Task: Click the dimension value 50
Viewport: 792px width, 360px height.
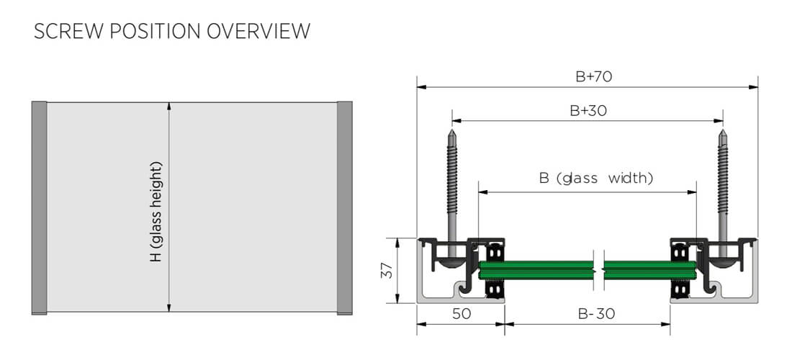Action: [x=461, y=314]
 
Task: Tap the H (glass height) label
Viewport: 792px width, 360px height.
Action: [x=156, y=212]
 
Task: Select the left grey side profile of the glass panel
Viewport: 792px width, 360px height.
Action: [x=39, y=207]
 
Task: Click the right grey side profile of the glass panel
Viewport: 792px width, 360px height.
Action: [x=345, y=207]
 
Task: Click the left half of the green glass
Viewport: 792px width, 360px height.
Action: [x=536, y=270]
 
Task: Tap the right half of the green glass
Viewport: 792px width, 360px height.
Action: [x=648, y=270]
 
